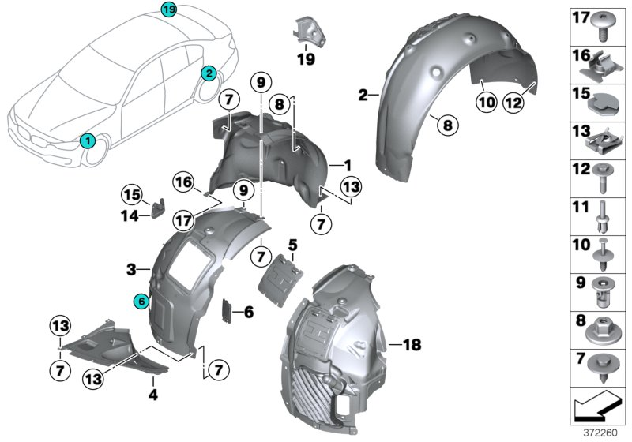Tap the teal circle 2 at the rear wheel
[x=209, y=73]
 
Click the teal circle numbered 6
[x=141, y=301]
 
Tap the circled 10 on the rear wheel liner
[x=484, y=100]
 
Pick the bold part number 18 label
[x=412, y=345]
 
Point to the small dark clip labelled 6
[x=225, y=311]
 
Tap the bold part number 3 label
[x=132, y=270]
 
